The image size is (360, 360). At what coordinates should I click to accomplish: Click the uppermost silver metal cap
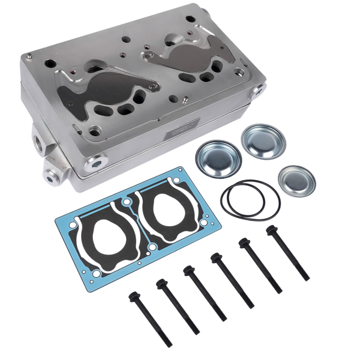(263, 140)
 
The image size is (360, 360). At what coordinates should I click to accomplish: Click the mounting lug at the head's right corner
(259, 90)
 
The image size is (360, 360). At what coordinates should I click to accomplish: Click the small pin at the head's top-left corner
(28, 57)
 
